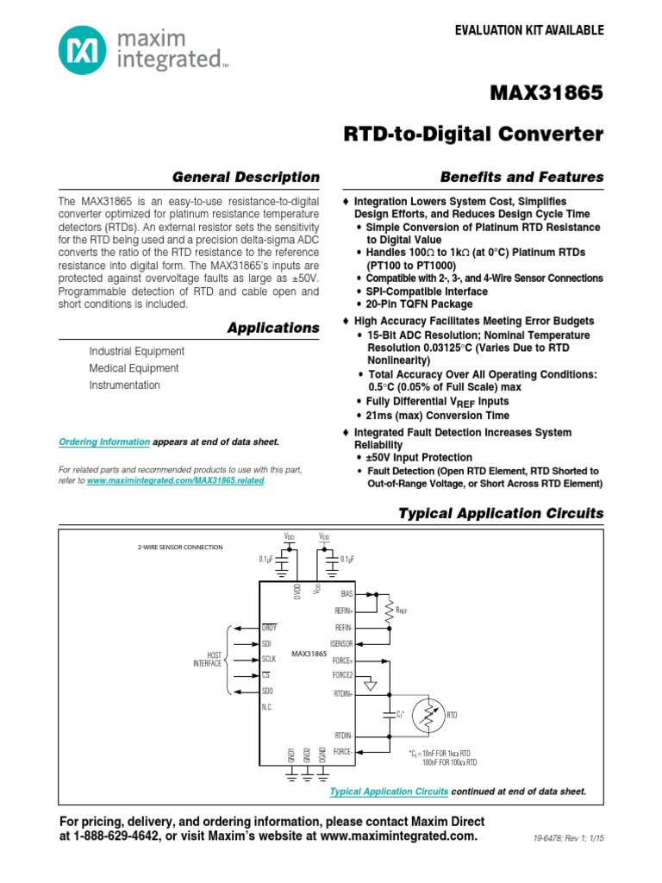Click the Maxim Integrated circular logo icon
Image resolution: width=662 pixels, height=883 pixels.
(x=83, y=50)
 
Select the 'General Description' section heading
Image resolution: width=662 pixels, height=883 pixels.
(x=246, y=177)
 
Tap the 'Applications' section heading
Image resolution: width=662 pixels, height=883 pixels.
(x=272, y=328)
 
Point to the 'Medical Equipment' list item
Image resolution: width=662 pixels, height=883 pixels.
(x=134, y=368)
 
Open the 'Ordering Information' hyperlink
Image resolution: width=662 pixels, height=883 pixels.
(x=104, y=441)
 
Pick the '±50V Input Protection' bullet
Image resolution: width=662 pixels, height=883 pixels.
(x=420, y=457)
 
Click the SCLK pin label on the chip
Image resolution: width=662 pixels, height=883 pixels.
(x=270, y=660)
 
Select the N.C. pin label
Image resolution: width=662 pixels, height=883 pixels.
(x=267, y=707)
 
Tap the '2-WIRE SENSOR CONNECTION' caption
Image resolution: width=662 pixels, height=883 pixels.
(x=179, y=548)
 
